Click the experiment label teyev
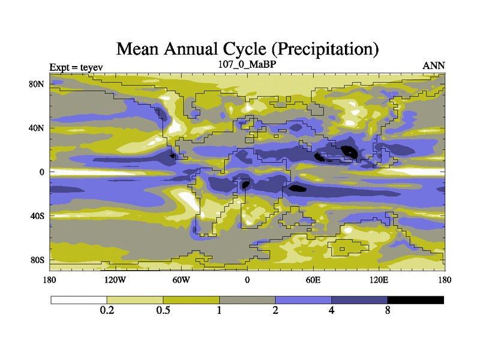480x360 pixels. pyautogui.click(x=87, y=66)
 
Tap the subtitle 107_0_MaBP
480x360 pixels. pyautogui.click(x=247, y=63)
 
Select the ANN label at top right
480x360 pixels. pyautogui.click(x=434, y=66)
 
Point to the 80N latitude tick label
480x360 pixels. pyautogui.click(x=38, y=84)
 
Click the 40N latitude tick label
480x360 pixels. pyautogui.click(x=38, y=128)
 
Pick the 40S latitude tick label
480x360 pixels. pyautogui.click(x=38, y=215)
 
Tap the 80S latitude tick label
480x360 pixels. pyautogui.click(x=38, y=259)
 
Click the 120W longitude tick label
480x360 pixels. pyautogui.click(x=115, y=280)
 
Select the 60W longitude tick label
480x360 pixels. pyautogui.click(x=181, y=280)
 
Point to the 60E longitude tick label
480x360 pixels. pyautogui.click(x=313, y=280)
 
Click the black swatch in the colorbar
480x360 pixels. pyautogui.click(x=416, y=300)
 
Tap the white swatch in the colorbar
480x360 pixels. pyautogui.click(x=79, y=300)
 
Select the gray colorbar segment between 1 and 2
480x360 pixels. pyautogui.click(x=247, y=300)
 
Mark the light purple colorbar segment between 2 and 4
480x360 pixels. pyautogui.click(x=304, y=300)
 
